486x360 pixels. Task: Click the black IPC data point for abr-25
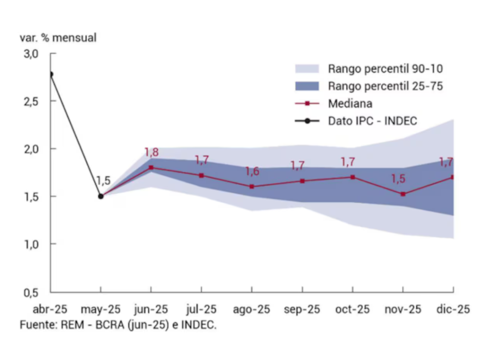[51, 74]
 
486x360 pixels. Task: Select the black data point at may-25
[101, 196]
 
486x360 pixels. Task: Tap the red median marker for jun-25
[151, 167]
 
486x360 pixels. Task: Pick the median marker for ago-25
[252, 186]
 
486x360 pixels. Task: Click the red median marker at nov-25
[403, 194]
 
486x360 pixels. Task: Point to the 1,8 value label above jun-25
[151, 153]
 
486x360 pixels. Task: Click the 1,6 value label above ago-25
[252, 172]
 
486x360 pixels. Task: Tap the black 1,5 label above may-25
[103, 181]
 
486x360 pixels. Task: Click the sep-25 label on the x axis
[302, 310]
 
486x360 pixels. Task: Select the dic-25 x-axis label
[453, 310]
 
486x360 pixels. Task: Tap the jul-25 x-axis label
[201, 310]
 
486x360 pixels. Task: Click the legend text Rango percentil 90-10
[385, 69]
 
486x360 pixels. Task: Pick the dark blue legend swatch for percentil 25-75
[308, 86]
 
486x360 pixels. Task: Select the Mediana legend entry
[350, 103]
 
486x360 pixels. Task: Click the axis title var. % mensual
[58, 38]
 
